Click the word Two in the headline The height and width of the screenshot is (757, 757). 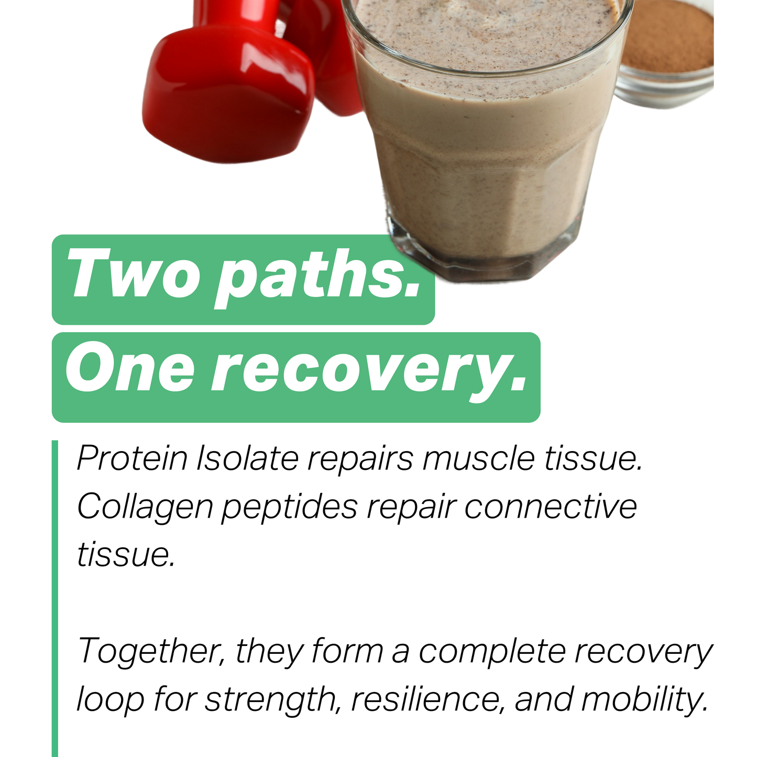[134, 275]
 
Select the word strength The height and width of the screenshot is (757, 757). [270, 700]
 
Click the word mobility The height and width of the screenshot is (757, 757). [644, 699]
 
